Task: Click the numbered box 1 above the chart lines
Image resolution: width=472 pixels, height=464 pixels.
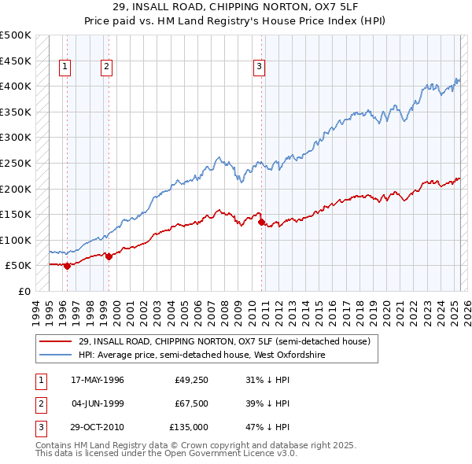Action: pyautogui.click(x=64, y=68)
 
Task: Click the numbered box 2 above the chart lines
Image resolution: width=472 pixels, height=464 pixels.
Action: pyautogui.click(x=105, y=68)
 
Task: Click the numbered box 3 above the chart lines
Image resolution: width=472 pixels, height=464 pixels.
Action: pyautogui.click(x=259, y=68)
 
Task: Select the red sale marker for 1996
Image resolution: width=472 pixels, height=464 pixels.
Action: pyautogui.click(x=67, y=266)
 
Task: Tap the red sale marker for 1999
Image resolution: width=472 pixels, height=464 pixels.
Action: pyautogui.click(x=109, y=256)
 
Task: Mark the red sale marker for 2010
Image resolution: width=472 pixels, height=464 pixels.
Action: pyautogui.click(x=261, y=222)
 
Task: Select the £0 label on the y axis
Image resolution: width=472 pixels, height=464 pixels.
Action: pyautogui.click(x=24, y=291)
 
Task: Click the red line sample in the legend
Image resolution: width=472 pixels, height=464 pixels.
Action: pyautogui.click(x=55, y=341)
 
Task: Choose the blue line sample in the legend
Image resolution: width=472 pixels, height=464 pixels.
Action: pyautogui.click(x=55, y=355)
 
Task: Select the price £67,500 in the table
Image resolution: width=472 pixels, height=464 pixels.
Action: pyautogui.click(x=191, y=404)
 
